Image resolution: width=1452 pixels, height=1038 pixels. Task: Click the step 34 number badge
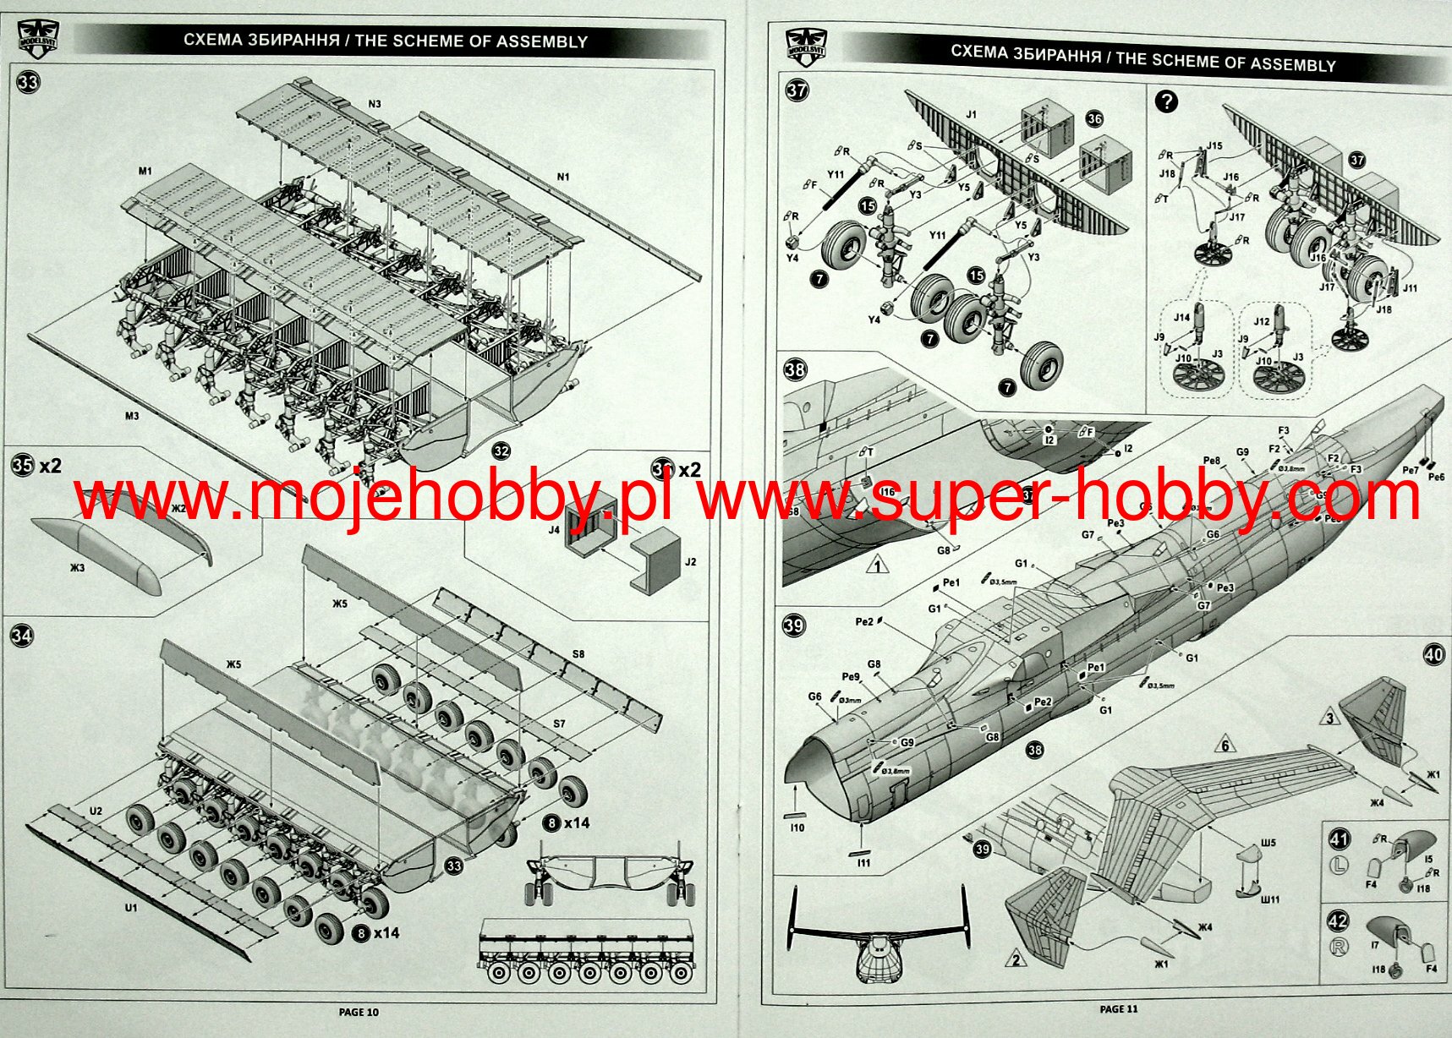(x=22, y=634)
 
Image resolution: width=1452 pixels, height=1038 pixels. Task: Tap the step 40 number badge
(x=1433, y=653)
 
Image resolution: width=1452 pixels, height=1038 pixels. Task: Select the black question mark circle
(x=1166, y=102)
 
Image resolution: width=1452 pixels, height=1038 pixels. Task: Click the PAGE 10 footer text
(x=359, y=1012)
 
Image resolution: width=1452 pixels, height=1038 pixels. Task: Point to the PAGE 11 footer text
(x=1119, y=1008)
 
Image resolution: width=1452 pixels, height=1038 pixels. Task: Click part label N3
(x=375, y=104)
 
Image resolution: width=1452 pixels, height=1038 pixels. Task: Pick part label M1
(x=145, y=171)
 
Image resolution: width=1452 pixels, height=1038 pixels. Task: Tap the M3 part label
(x=131, y=416)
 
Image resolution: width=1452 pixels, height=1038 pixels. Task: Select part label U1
(x=130, y=908)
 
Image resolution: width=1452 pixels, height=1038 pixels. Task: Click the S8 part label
(x=578, y=654)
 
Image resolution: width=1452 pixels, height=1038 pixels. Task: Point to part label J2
(x=690, y=561)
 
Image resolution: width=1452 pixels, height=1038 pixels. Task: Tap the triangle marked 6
(x=1224, y=745)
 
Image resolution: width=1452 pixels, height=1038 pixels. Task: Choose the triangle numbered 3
(x=1329, y=718)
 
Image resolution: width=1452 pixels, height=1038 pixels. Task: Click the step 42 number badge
(x=1339, y=921)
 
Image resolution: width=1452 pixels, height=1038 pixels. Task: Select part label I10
(x=797, y=828)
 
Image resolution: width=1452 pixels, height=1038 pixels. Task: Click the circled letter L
(x=1338, y=865)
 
